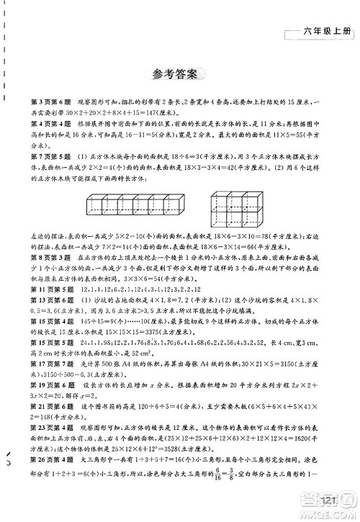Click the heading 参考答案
(x=180, y=73)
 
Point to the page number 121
(x=310, y=502)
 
